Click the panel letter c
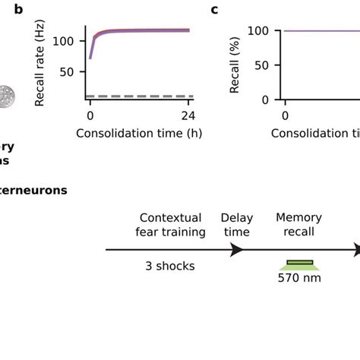pyautogui.click(x=214, y=10)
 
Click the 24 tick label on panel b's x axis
pyautogui.click(x=187, y=116)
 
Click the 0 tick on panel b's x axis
pyautogui.click(x=90, y=116)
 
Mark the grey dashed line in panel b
pyautogui.click(x=137, y=96)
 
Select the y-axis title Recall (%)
pyautogui.click(x=235, y=65)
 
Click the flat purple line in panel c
pyautogui.click(x=319, y=30)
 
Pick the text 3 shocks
pyautogui.click(x=169, y=266)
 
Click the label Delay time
pyautogui.click(x=236, y=224)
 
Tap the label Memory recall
pyautogui.click(x=298, y=224)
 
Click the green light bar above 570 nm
pyautogui.click(x=299, y=264)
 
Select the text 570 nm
pyautogui.click(x=299, y=278)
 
